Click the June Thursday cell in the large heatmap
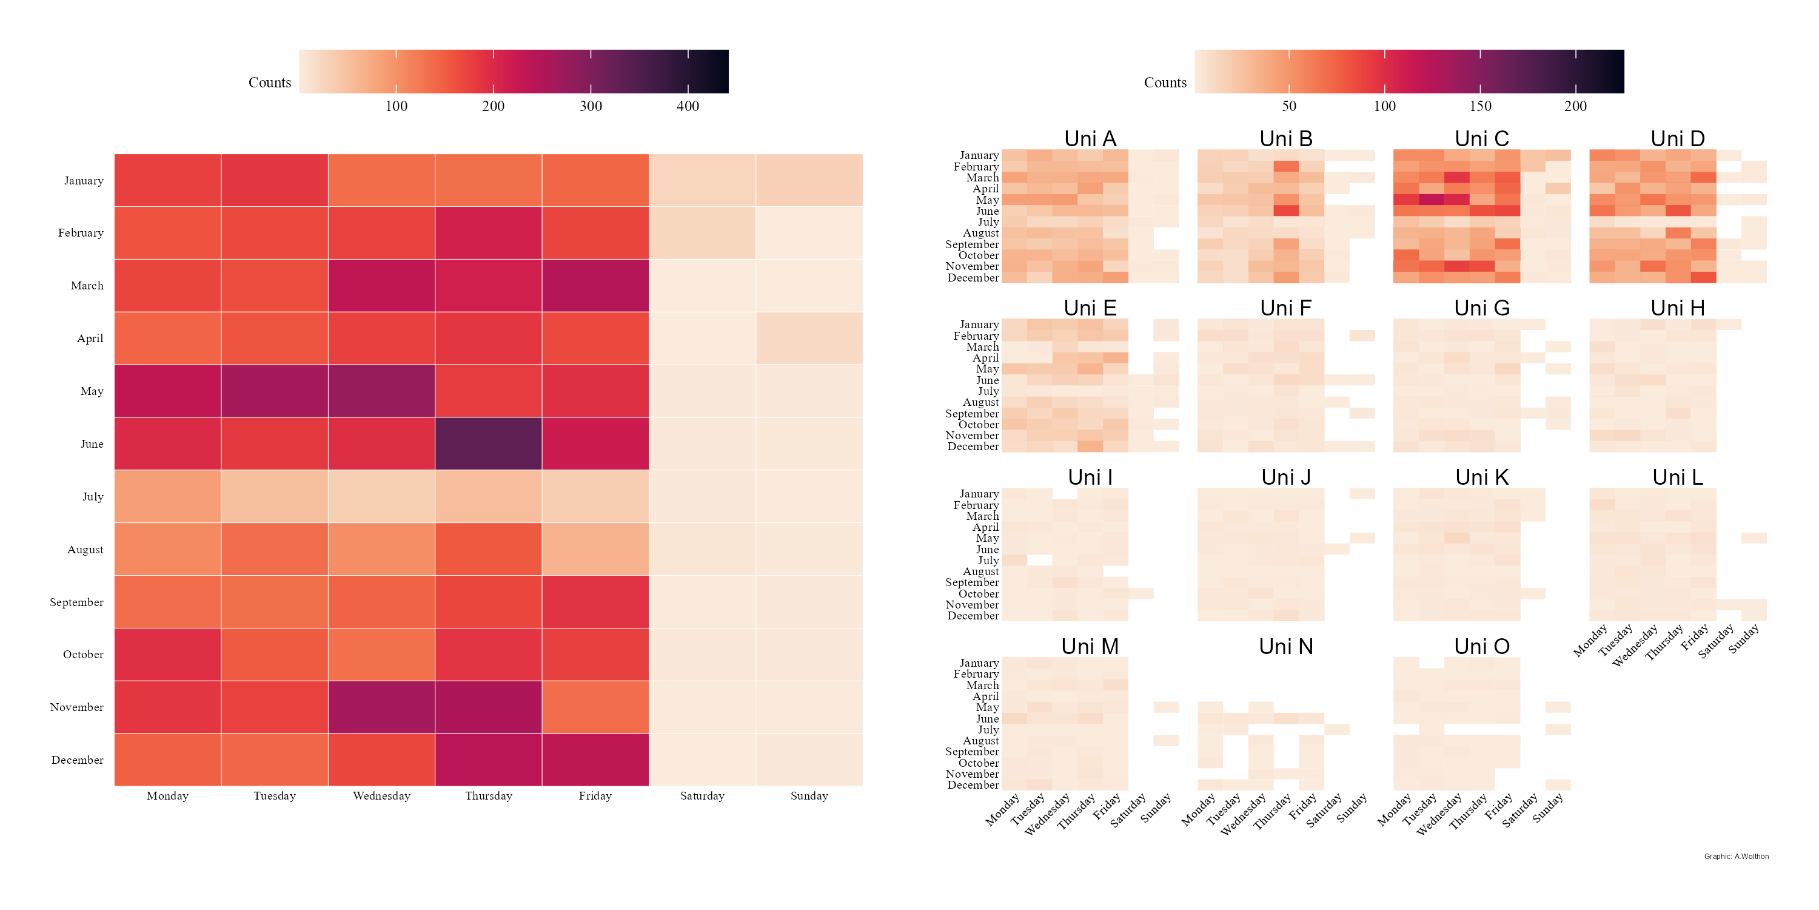pos(488,443)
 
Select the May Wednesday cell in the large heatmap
pos(381,391)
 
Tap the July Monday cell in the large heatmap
pos(167,496)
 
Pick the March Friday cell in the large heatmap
pos(595,285)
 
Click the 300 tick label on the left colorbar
pos(591,106)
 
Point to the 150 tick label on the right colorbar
pos(1480,106)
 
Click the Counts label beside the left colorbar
pos(269,83)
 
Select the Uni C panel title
pos(1481,138)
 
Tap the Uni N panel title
pos(1286,647)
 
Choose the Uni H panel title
pos(1677,308)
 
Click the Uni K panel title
pos(1481,477)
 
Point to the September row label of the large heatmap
pos(76,602)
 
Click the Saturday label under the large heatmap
pos(702,795)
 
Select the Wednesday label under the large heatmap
pos(381,795)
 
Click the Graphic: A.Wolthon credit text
pos(1736,856)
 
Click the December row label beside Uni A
pos(973,278)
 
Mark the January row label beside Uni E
pos(979,325)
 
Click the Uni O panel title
pos(1481,647)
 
